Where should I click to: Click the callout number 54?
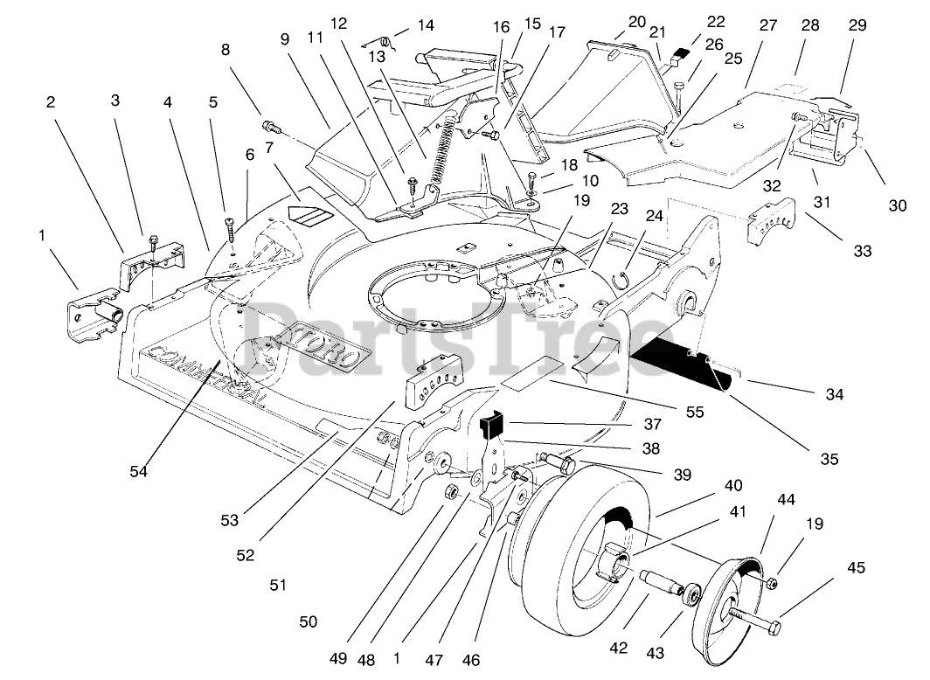138,471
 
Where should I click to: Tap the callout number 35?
829,459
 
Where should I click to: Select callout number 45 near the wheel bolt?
856,567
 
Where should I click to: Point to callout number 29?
857,24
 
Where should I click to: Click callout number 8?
226,49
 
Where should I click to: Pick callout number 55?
695,412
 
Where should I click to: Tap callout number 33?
863,251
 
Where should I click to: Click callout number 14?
426,24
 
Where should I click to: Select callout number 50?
308,621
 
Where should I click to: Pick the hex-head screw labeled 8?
270,126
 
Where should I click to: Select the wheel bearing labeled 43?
692,594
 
